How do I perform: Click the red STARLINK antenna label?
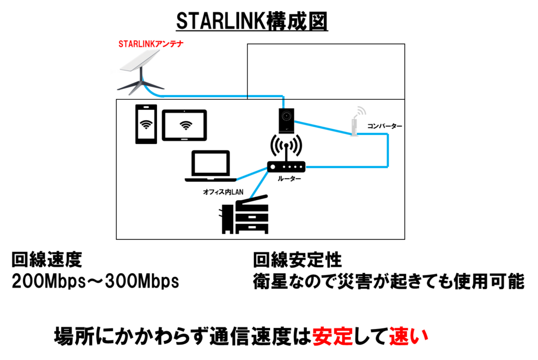[151, 44]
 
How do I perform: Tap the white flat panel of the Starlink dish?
[138, 61]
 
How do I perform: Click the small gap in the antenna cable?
[247, 96]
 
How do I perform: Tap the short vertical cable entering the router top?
[284, 101]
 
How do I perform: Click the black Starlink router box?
[286, 119]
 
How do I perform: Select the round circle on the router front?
[286, 116]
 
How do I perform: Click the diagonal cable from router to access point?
[322, 128]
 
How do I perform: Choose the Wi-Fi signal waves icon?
[360, 111]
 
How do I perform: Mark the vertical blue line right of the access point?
[387, 151]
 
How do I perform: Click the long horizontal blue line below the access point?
[347, 167]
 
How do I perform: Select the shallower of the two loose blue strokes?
[252, 174]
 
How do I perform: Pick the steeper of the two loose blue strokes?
[259, 185]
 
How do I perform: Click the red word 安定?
[333, 336]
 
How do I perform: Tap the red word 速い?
[409, 336]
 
